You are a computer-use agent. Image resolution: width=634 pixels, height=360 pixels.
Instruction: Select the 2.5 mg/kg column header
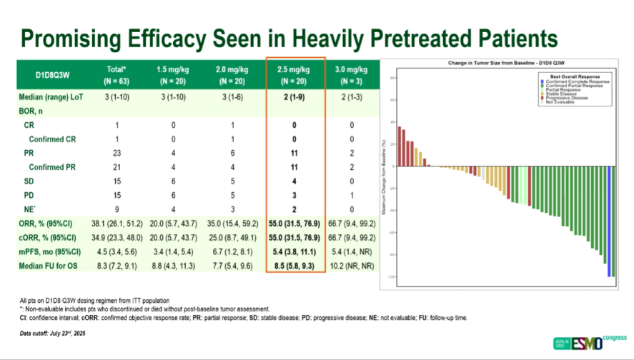[x=296, y=74]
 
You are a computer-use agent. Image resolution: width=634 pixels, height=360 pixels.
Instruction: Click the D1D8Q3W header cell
[x=57, y=74]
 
